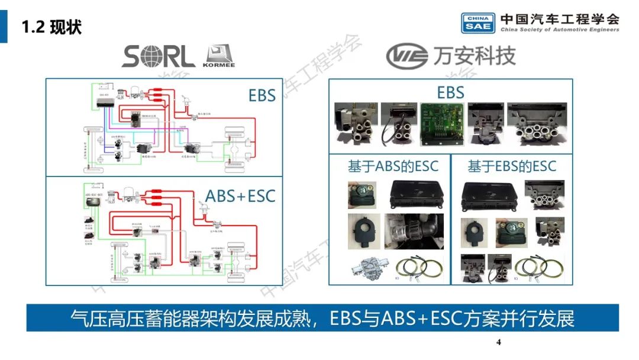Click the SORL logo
(158, 56)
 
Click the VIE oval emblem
(407, 56)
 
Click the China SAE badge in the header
(478, 23)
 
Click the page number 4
(498, 343)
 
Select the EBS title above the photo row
(450, 92)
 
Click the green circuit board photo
(441, 123)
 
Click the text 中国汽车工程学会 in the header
(560, 18)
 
